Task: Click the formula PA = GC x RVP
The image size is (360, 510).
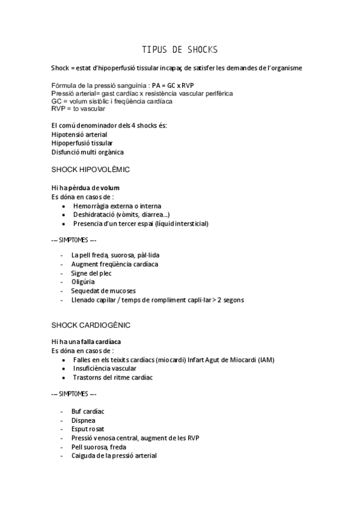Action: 177,86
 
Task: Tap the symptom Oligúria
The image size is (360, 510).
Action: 83,281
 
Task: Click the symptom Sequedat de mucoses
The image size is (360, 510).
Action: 103,290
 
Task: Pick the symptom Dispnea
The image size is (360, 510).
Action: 83,420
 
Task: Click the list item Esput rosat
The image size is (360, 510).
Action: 88,429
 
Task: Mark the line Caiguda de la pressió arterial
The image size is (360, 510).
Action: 114,456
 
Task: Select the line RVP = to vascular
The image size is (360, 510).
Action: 78,109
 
